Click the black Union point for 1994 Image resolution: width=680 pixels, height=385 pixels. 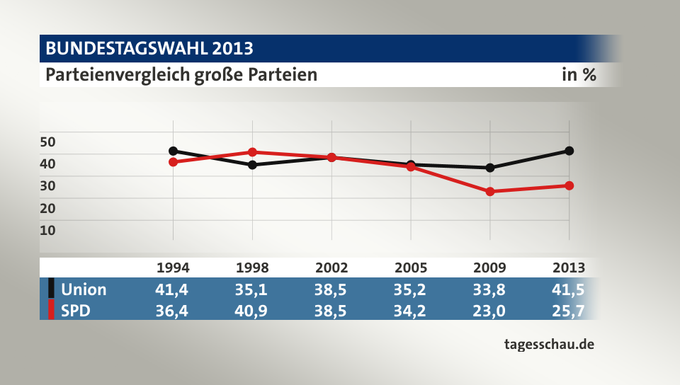(x=173, y=151)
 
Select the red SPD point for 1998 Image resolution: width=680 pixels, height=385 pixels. (x=252, y=152)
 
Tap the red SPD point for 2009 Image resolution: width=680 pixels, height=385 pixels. (x=489, y=191)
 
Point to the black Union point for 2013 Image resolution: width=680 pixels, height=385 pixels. (x=569, y=151)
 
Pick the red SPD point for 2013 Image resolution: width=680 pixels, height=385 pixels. (x=569, y=185)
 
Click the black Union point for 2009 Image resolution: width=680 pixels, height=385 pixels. (x=489, y=168)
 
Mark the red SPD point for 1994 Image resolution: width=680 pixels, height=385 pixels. (x=173, y=162)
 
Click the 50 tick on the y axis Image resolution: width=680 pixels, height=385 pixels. (x=47, y=142)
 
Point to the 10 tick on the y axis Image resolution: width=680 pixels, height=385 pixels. (x=47, y=229)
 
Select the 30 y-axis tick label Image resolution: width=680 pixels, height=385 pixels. (x=47, y=185)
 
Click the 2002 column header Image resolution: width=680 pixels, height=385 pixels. (x=331, y=268)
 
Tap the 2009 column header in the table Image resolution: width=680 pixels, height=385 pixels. (x=489, y=268)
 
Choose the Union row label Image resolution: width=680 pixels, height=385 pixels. (x=84, y=289)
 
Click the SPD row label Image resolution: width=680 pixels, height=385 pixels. (x=76, y=310)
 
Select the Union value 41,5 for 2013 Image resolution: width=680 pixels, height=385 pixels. (x=569, y=289)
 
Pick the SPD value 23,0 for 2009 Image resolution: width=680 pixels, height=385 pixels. (x=489, y=310)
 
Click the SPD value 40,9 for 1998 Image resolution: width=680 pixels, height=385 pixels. (x=252, y=310)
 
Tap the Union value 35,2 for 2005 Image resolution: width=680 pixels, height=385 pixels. (x=411, y=289)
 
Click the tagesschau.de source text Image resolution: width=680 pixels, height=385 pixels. (x=548, y=345)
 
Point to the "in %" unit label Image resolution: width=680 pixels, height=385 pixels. (x=579, y=74)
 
